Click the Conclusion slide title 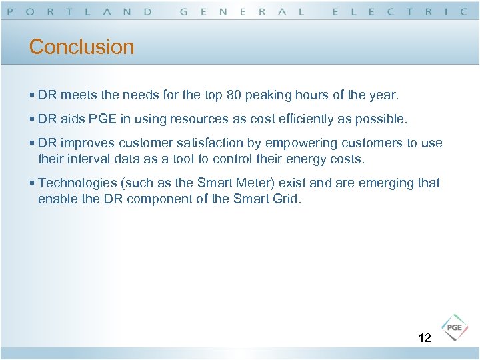click(x=81, y=47)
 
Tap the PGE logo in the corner click(x=455, y=327)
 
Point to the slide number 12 click(x=425, y=338)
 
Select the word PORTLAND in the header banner click(x=79, y=11)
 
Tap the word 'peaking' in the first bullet click(x=267, y=95)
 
